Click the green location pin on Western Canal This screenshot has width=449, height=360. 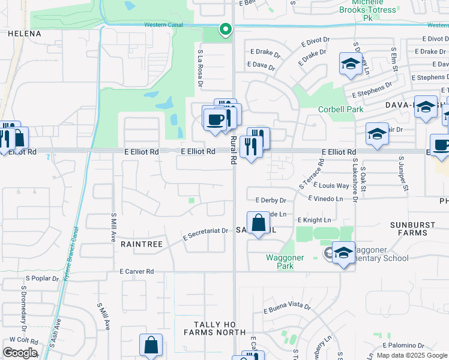point(225,29)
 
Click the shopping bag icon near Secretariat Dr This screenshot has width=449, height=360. point(258,223)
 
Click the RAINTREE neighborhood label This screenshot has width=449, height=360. point(142,244)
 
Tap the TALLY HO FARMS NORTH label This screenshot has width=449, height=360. point(215,332)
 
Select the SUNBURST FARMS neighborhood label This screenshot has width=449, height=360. point(416,229)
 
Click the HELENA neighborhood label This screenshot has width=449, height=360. point(24,34)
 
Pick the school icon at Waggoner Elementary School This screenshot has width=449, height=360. point(343,253)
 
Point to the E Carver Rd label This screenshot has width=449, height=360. point(137,272)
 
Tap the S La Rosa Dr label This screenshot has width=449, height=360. point(199,67)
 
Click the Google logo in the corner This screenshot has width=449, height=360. point(19,353)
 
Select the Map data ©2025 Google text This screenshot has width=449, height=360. point(412,355)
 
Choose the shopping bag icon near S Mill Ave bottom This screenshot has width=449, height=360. point(151,345)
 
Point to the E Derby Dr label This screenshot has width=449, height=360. point(271,200)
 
